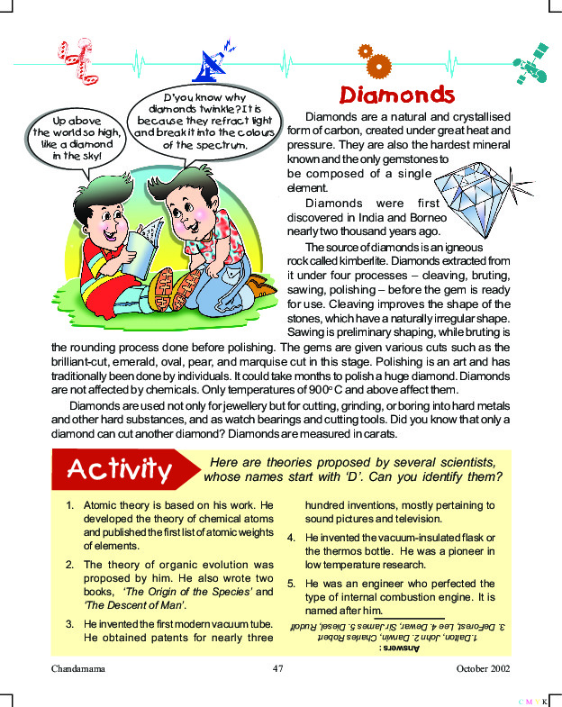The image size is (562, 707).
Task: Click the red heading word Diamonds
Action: click(396, 95)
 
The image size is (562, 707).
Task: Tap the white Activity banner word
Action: click(120, 469)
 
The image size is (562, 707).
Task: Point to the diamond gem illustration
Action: click(473, 193)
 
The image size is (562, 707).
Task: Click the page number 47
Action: click(278, 669)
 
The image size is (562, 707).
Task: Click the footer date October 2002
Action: click(485, 669)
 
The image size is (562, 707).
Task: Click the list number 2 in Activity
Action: click(69, 565)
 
